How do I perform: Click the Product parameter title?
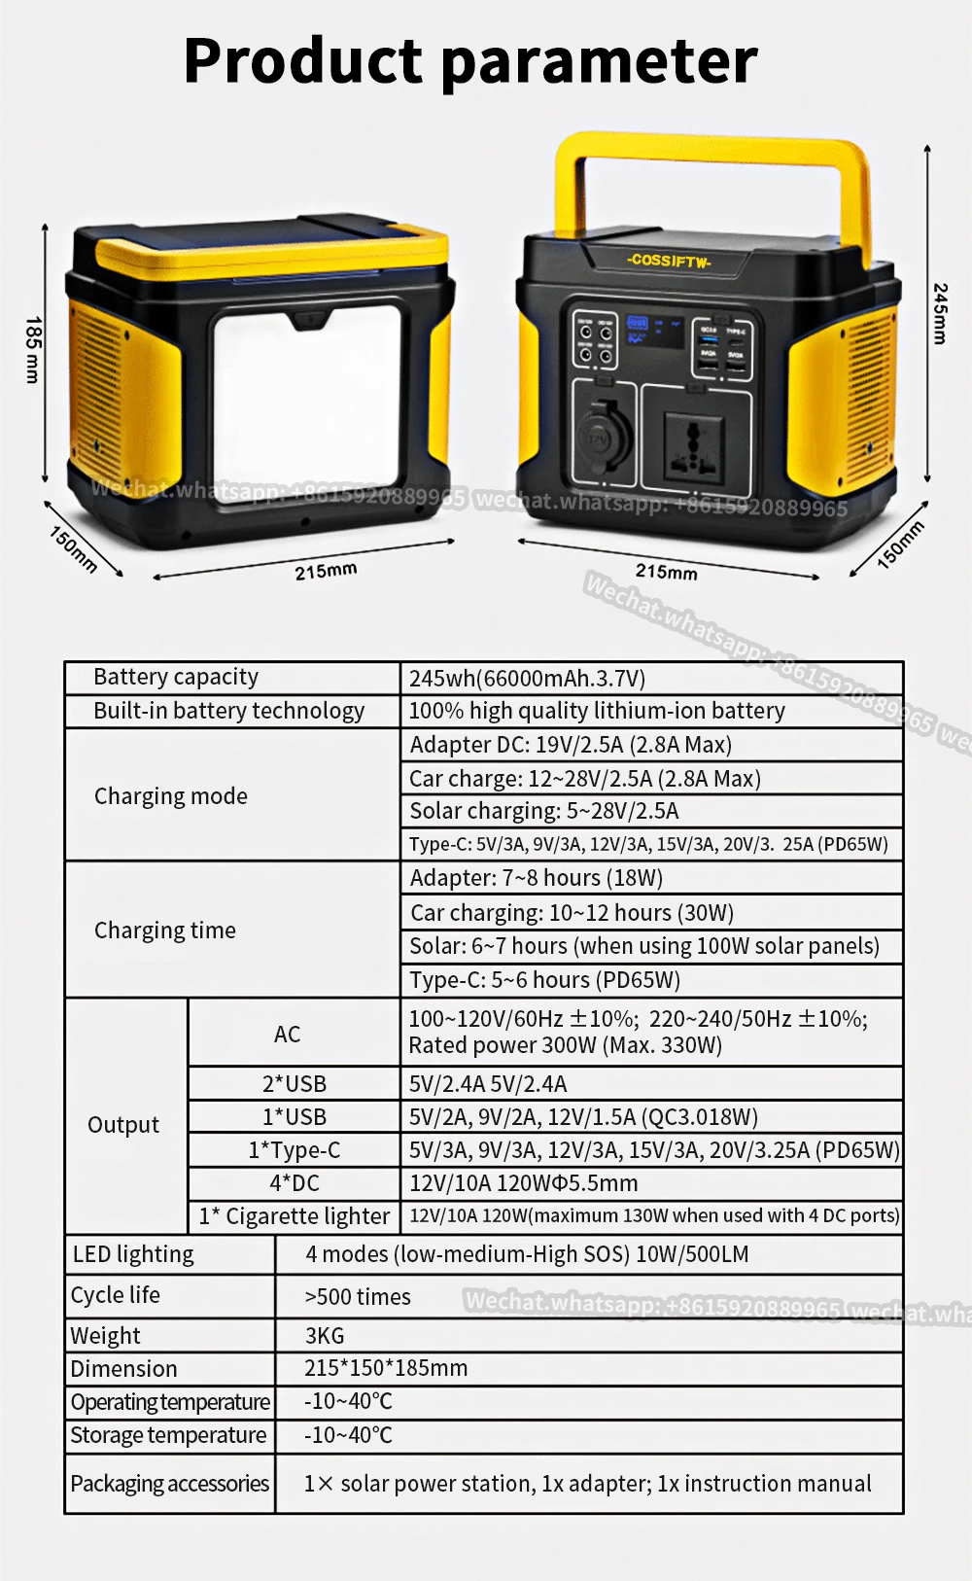point(470,60)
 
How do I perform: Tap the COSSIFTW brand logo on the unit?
point(669,261)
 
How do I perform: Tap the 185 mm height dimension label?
point(33,349)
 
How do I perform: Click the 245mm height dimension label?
point(940,313)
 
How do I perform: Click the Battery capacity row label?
point(176,677)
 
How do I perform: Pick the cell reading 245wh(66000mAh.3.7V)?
point(527,678)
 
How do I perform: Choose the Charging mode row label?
point(171,796)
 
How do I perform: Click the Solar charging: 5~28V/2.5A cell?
point(544,811)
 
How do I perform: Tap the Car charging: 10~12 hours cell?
point(572,913)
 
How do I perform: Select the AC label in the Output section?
point(287,1035)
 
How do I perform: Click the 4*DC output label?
point(295,1183)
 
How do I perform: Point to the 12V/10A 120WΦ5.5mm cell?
point(523,1183)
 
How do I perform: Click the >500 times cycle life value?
point(358,1297)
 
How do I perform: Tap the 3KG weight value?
point(325,1336)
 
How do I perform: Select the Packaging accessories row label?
point(170,1484)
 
